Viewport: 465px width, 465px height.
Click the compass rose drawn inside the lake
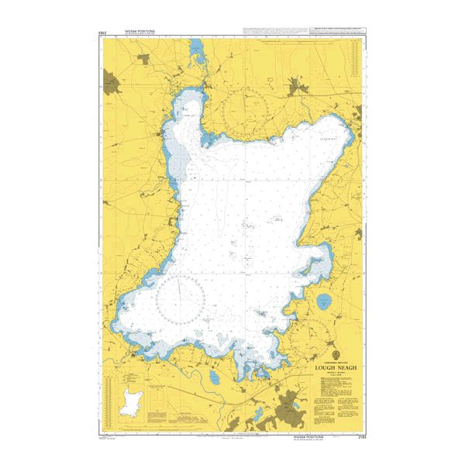point(180,298)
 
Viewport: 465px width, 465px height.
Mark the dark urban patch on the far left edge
point(114,81)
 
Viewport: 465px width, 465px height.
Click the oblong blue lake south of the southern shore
point(213,377)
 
